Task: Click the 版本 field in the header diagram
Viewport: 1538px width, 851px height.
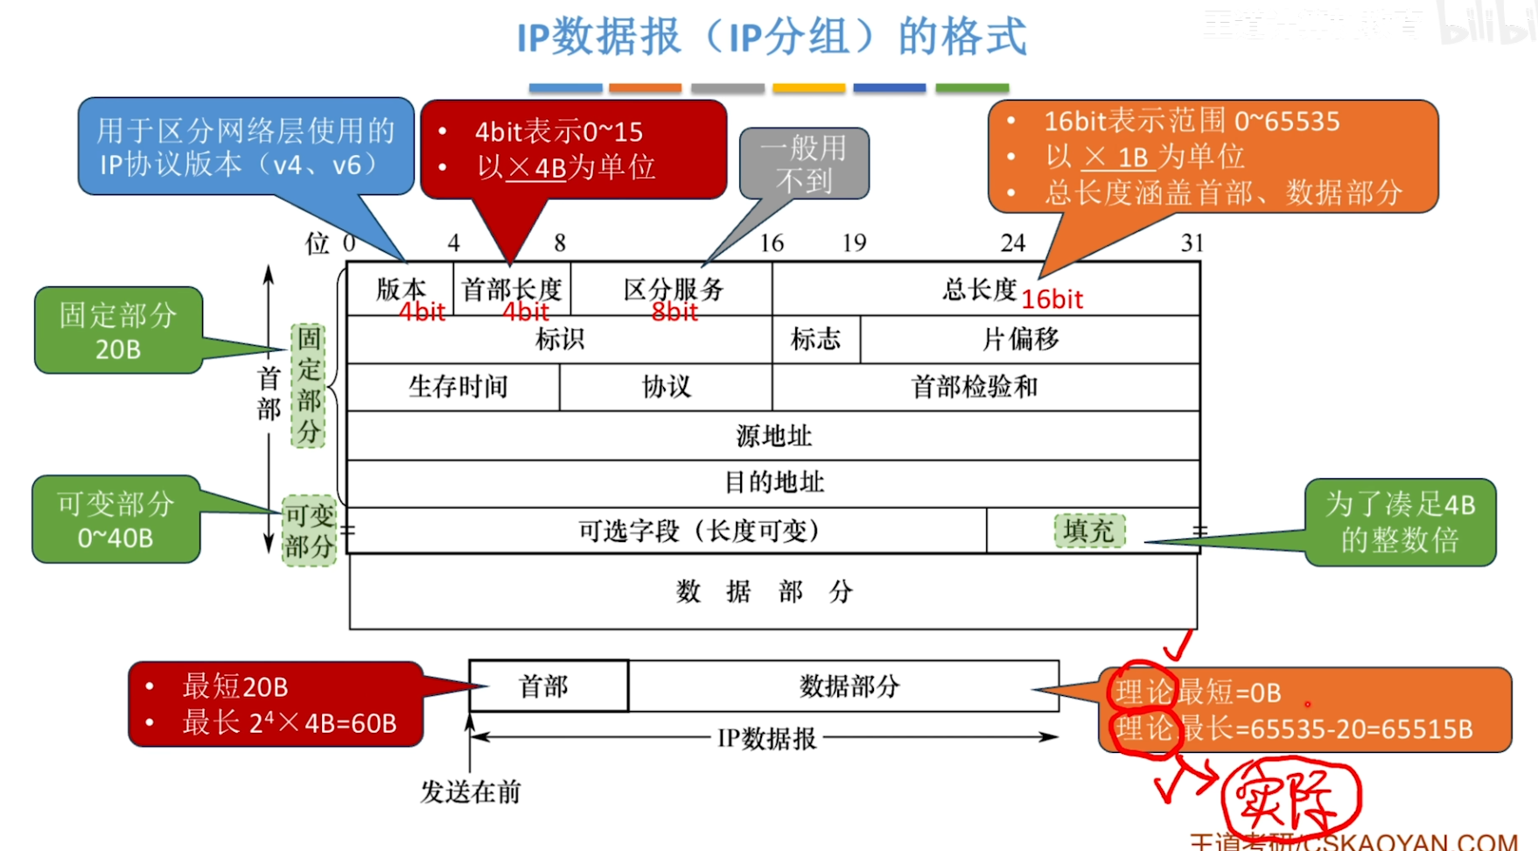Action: click(401, 289)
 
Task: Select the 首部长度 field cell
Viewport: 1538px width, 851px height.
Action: click(512, 289)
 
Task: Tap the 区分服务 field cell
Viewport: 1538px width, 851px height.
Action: click(672, 289)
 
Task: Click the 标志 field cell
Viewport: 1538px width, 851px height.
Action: click(815, 339)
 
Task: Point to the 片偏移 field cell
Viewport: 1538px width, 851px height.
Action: click(1020, 339)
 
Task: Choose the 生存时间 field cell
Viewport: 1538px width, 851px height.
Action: click(458, 386)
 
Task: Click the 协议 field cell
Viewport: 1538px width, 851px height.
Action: click(666, 386)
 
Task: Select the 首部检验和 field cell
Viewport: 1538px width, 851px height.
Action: click(974, 386)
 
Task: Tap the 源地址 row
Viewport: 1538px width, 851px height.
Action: click(773, 435)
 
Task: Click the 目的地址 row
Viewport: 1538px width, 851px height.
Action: click(773, 482)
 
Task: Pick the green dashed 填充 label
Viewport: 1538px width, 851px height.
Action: click(1088, 531)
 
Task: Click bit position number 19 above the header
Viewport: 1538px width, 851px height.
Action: click(854, 243)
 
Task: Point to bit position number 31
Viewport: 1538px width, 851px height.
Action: click(1192, 243)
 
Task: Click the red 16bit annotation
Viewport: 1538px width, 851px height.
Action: click(1052, 300)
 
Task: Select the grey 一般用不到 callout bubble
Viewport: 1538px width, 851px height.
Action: click(804, 164)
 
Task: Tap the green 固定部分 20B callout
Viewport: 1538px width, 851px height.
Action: click(118, 331)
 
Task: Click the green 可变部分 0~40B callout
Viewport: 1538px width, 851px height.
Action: click(115, 520)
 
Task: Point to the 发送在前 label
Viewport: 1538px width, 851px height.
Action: click(471, 792)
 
